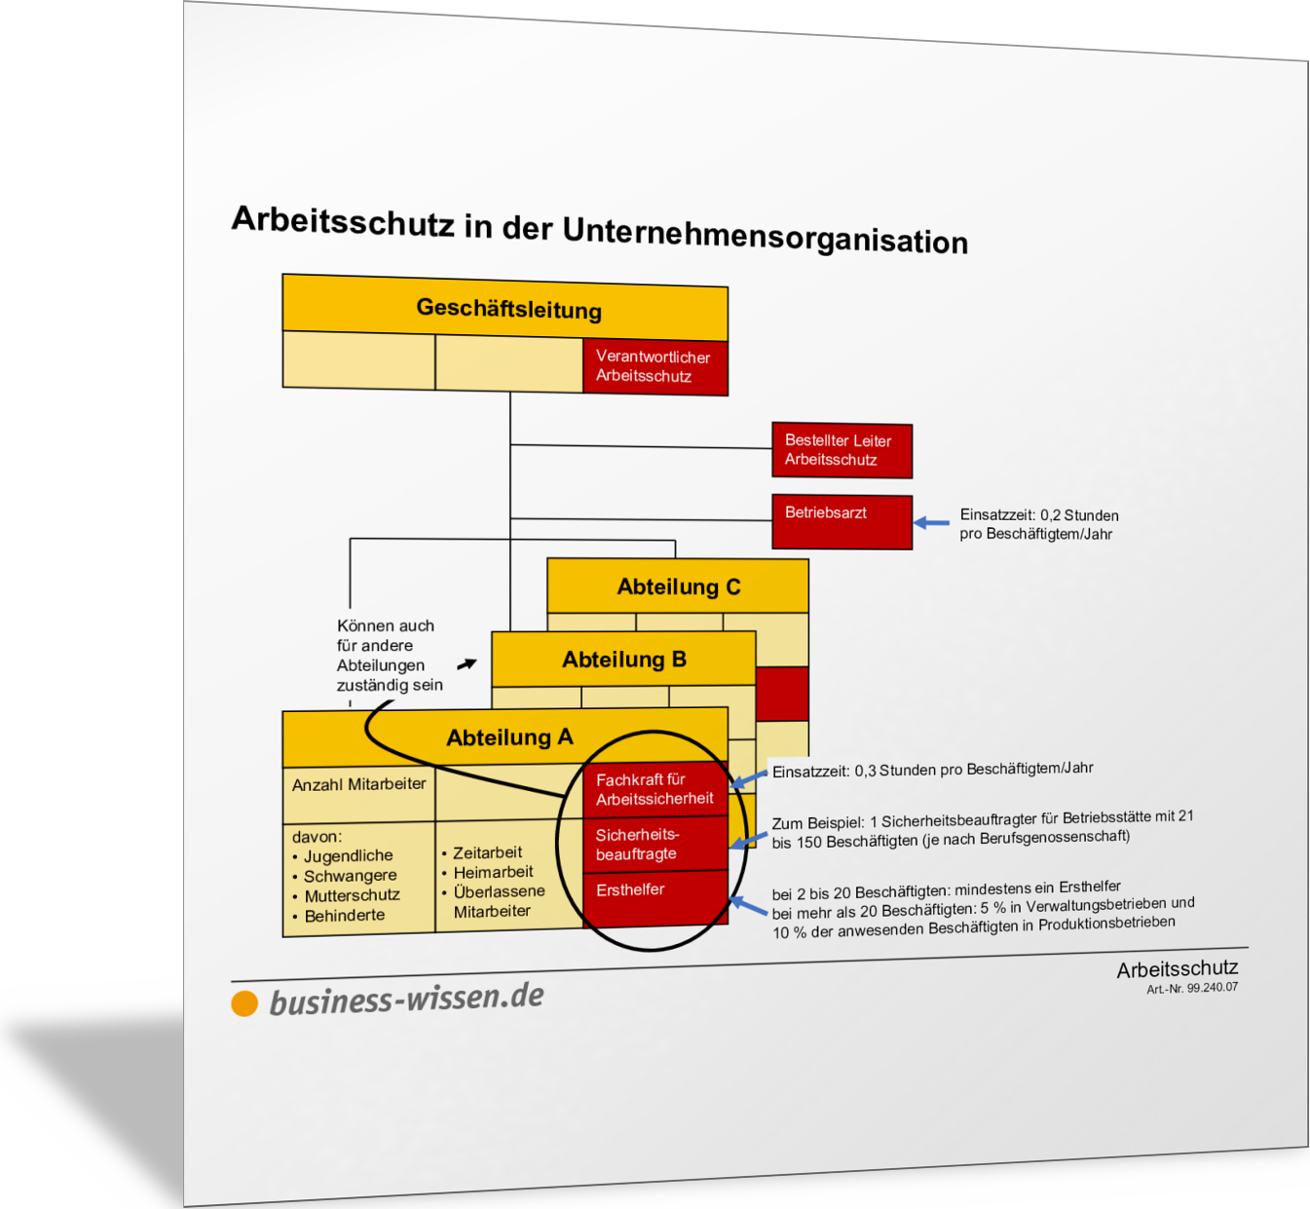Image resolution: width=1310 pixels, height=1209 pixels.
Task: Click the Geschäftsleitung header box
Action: click(505, 308)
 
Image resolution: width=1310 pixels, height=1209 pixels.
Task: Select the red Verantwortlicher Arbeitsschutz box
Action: click(655, 367)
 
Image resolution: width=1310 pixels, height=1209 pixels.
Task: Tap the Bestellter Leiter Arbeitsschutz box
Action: click(842, 450)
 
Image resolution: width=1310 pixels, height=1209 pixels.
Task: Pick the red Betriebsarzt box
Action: click(842, 521)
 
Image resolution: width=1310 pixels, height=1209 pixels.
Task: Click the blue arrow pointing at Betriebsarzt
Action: click(931, 523)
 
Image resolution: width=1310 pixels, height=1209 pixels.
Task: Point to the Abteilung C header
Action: click(678, 586)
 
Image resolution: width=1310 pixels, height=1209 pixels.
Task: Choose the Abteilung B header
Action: click(624, 659)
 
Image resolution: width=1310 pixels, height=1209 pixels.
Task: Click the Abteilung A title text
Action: click(509, 737)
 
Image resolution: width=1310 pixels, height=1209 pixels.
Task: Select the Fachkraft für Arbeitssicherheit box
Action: click(655, 789)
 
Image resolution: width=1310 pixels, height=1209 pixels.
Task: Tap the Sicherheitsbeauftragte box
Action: click(655, 844)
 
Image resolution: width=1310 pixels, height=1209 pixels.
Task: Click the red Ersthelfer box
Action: click(655, 898)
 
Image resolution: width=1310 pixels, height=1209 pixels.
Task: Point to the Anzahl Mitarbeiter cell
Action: click(358, 795)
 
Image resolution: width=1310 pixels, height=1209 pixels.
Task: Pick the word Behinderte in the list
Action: click(345, 916)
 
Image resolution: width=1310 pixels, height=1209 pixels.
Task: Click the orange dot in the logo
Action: click(244, 1003)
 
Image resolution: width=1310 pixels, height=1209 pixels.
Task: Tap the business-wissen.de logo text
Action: click(406, 999)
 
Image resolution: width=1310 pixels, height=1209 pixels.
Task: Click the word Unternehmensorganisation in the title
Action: click(766, 236)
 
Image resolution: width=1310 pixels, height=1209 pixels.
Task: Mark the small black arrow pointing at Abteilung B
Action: click(467, 663)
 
